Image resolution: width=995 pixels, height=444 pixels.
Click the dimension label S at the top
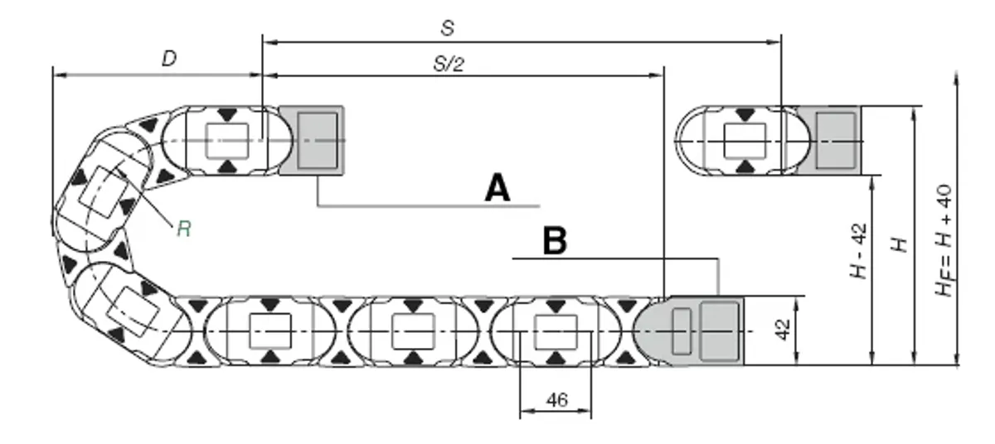[448, 28]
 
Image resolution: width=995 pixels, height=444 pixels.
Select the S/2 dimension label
[449, 65]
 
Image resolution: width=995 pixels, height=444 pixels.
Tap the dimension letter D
[169, 58]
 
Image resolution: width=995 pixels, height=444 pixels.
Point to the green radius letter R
[184, 229]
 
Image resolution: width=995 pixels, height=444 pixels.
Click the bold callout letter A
[498, 188]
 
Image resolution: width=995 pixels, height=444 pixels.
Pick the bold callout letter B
[555, 240]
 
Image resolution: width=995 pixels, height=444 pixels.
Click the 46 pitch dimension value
[557, 400]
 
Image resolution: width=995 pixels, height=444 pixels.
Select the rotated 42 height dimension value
[783, 330]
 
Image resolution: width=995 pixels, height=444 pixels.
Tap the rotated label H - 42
[859, 251]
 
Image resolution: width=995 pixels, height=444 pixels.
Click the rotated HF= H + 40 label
[944, 240]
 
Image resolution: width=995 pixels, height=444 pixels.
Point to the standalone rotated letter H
[900, 245]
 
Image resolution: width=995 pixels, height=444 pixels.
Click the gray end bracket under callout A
[312, 140]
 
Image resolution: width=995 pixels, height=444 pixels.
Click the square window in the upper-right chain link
[745, 141]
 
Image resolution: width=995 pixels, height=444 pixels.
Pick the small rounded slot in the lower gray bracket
[682, 331]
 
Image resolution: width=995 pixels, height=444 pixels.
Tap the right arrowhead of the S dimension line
[774, 42]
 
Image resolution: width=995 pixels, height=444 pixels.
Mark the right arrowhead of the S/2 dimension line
[657, 75]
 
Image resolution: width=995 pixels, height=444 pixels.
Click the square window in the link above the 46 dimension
[556, 332]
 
